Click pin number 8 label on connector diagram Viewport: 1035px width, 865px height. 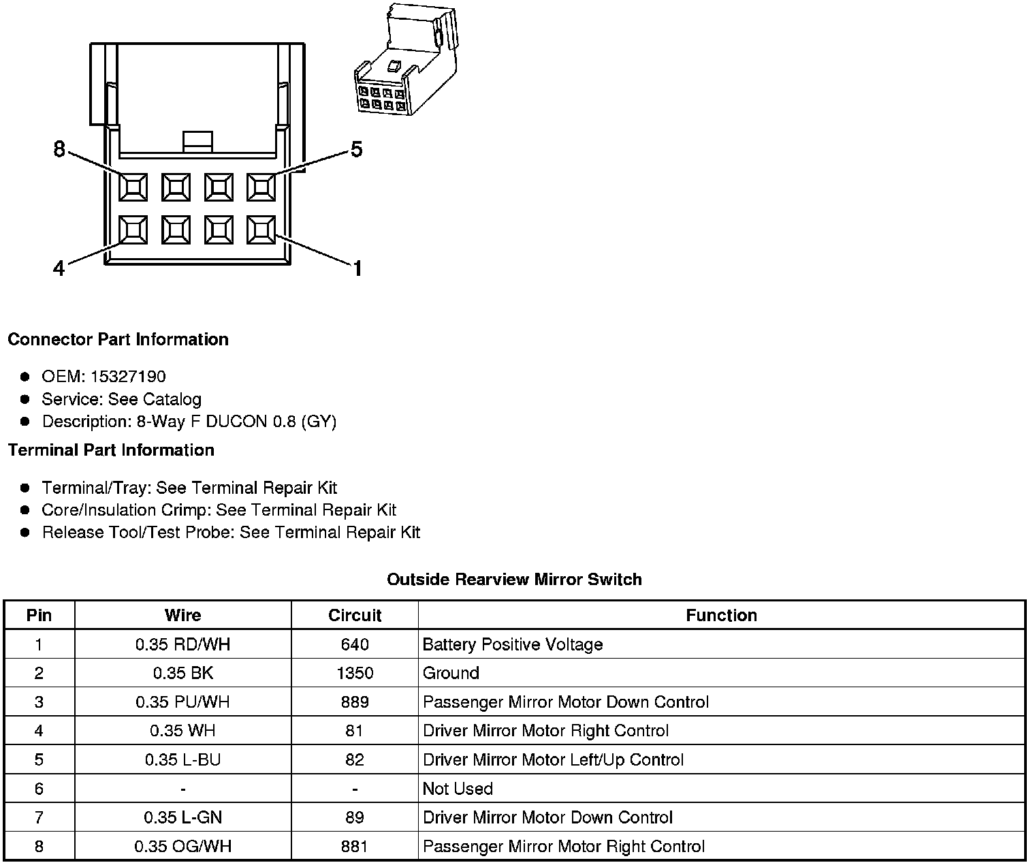(59, 149)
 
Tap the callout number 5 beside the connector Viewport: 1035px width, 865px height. (356, 149)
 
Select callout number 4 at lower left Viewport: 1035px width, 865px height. (59, 269)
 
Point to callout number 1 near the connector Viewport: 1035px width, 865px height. (357, 269)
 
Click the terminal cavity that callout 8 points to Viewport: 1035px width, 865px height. (133, 187)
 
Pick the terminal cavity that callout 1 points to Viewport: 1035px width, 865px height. (261, 230)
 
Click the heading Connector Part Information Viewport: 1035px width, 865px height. (118, 339)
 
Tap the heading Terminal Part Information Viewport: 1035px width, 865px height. (111, 450)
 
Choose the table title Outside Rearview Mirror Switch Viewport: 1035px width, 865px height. (514, 580)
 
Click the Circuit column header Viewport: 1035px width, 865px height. (355, 616)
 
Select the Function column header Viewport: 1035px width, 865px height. (721, 616)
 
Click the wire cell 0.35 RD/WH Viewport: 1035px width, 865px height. (182, 644)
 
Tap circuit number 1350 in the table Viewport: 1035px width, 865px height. (355, 674)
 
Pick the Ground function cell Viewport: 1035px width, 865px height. (451, 674)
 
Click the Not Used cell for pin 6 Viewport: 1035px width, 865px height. (458, 789)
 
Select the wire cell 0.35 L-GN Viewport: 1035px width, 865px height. (182, 817)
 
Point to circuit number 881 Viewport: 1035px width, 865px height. (355, 847)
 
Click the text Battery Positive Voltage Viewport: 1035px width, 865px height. (512, 644)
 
